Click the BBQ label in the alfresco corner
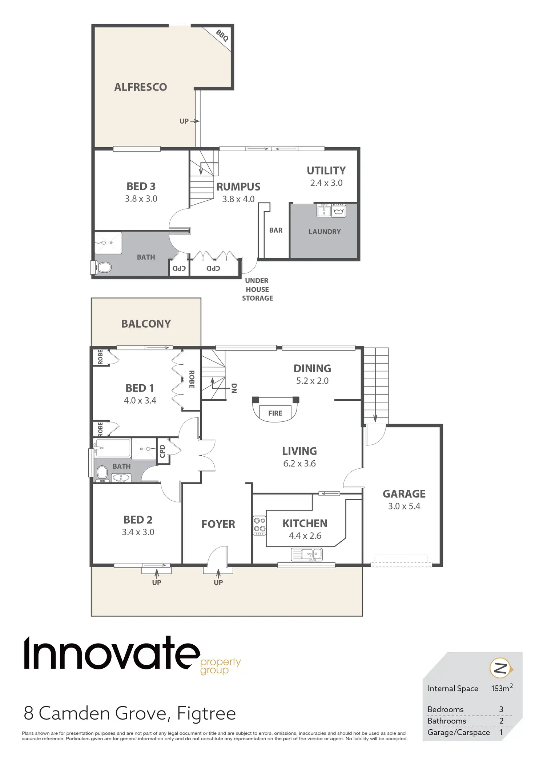click(x=222, y=36)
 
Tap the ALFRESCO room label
click(x=141, y=87)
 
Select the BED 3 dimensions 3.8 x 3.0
click(x=141, y=199)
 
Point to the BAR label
click(x=276, y=231)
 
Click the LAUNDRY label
click(x=325, y=232)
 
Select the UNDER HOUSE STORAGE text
click(x=257, y=289)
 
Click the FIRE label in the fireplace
click(x=275, y=413)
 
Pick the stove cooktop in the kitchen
click(x=260, y=526)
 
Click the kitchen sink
click(x=307, y=554)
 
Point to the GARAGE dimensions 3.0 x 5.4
click(x=404, y=506)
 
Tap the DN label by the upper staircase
click(x=234, y=388)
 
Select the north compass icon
click(x=501, y=668)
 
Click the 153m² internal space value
click(x=502, y=688)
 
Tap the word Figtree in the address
click(x=206, y=713)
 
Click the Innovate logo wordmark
click(x=112, y=654)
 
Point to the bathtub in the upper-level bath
click(x=113, y=448)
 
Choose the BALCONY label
click(x=146, y=324)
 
